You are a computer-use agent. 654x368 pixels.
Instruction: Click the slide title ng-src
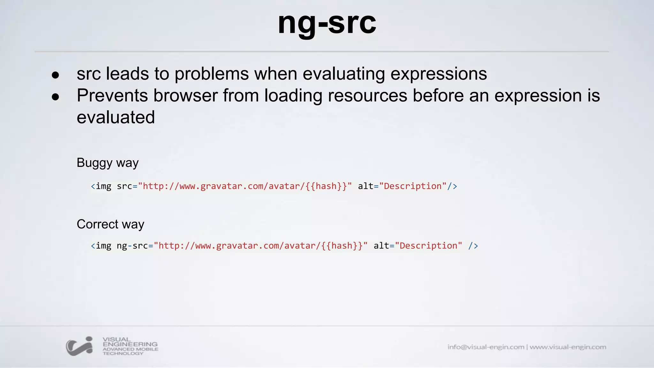[x=327, y=23]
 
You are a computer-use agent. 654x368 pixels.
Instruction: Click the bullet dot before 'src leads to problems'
[x=56, y=75]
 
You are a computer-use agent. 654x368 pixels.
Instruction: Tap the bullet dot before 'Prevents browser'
[x=56, y=97]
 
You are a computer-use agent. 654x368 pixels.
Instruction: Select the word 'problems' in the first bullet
[x=211, y=74]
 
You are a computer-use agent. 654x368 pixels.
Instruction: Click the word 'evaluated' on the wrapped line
[x=116, y=117]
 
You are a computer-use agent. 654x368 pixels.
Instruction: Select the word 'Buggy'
[x=94, y=163]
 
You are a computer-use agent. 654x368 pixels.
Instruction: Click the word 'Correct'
[x=97, y=224]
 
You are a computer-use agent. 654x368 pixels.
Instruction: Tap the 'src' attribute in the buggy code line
[x=124, y=186]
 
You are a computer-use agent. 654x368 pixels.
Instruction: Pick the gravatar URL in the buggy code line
[x=245, y=186]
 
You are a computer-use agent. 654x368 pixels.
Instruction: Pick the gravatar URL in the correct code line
[x=260, y=246]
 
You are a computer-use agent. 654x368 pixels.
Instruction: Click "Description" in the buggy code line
[x=413, y=186]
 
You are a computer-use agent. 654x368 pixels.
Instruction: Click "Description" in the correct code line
[x=429, y=246]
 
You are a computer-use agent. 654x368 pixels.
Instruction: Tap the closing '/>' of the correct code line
[x=473, y=246]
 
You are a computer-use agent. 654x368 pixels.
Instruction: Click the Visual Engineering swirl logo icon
[x=80, y=346]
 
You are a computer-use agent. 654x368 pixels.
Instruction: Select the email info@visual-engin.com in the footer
[x=485, y=347]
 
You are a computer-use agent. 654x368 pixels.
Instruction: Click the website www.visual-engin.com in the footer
[x=568, y=347]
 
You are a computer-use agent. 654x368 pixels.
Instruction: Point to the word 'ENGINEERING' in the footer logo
[x=130, y=344]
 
